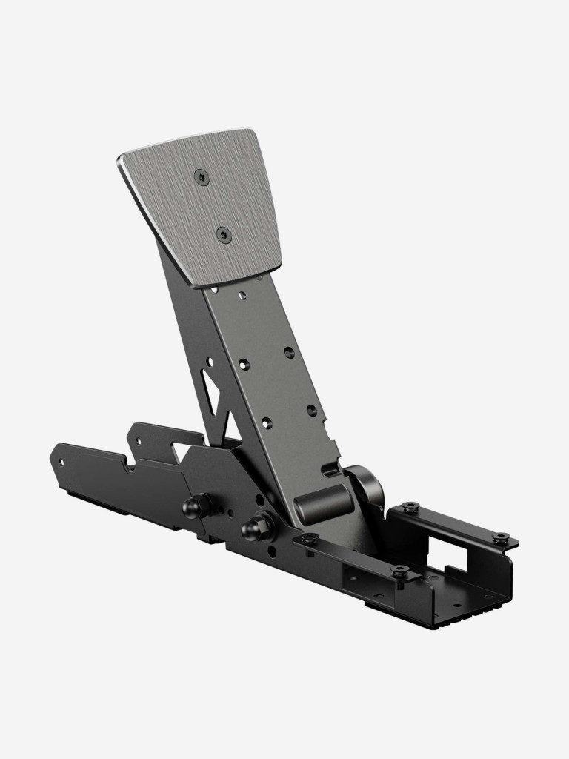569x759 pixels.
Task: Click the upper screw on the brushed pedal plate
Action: click(201, 176)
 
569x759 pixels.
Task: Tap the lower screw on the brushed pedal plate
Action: click(224, 235)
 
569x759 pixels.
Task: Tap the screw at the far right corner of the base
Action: click(501, 538)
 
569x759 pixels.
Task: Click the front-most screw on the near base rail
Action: click(399, 571)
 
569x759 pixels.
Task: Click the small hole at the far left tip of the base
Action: click(61, 461)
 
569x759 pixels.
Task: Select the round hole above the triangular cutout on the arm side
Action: click(210, 362)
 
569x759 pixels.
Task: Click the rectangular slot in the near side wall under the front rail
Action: click(356, 574)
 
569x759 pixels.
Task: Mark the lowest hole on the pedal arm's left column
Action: click(266, 423)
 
